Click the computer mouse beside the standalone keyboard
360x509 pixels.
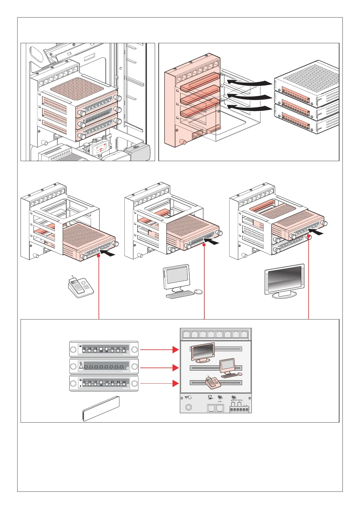point(198,291)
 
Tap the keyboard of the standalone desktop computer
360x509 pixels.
point(180,294)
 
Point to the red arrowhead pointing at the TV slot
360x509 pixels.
point(176,349)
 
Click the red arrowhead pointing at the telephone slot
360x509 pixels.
point(176,384)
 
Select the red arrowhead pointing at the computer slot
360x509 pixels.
point(176,368)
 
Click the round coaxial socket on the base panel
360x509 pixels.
point(189,407)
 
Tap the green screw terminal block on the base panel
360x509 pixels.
point(239,410)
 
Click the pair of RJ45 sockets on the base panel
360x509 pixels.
point(216,408)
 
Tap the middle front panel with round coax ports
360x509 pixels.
point(104,367)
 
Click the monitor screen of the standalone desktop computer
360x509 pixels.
point(177,276)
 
